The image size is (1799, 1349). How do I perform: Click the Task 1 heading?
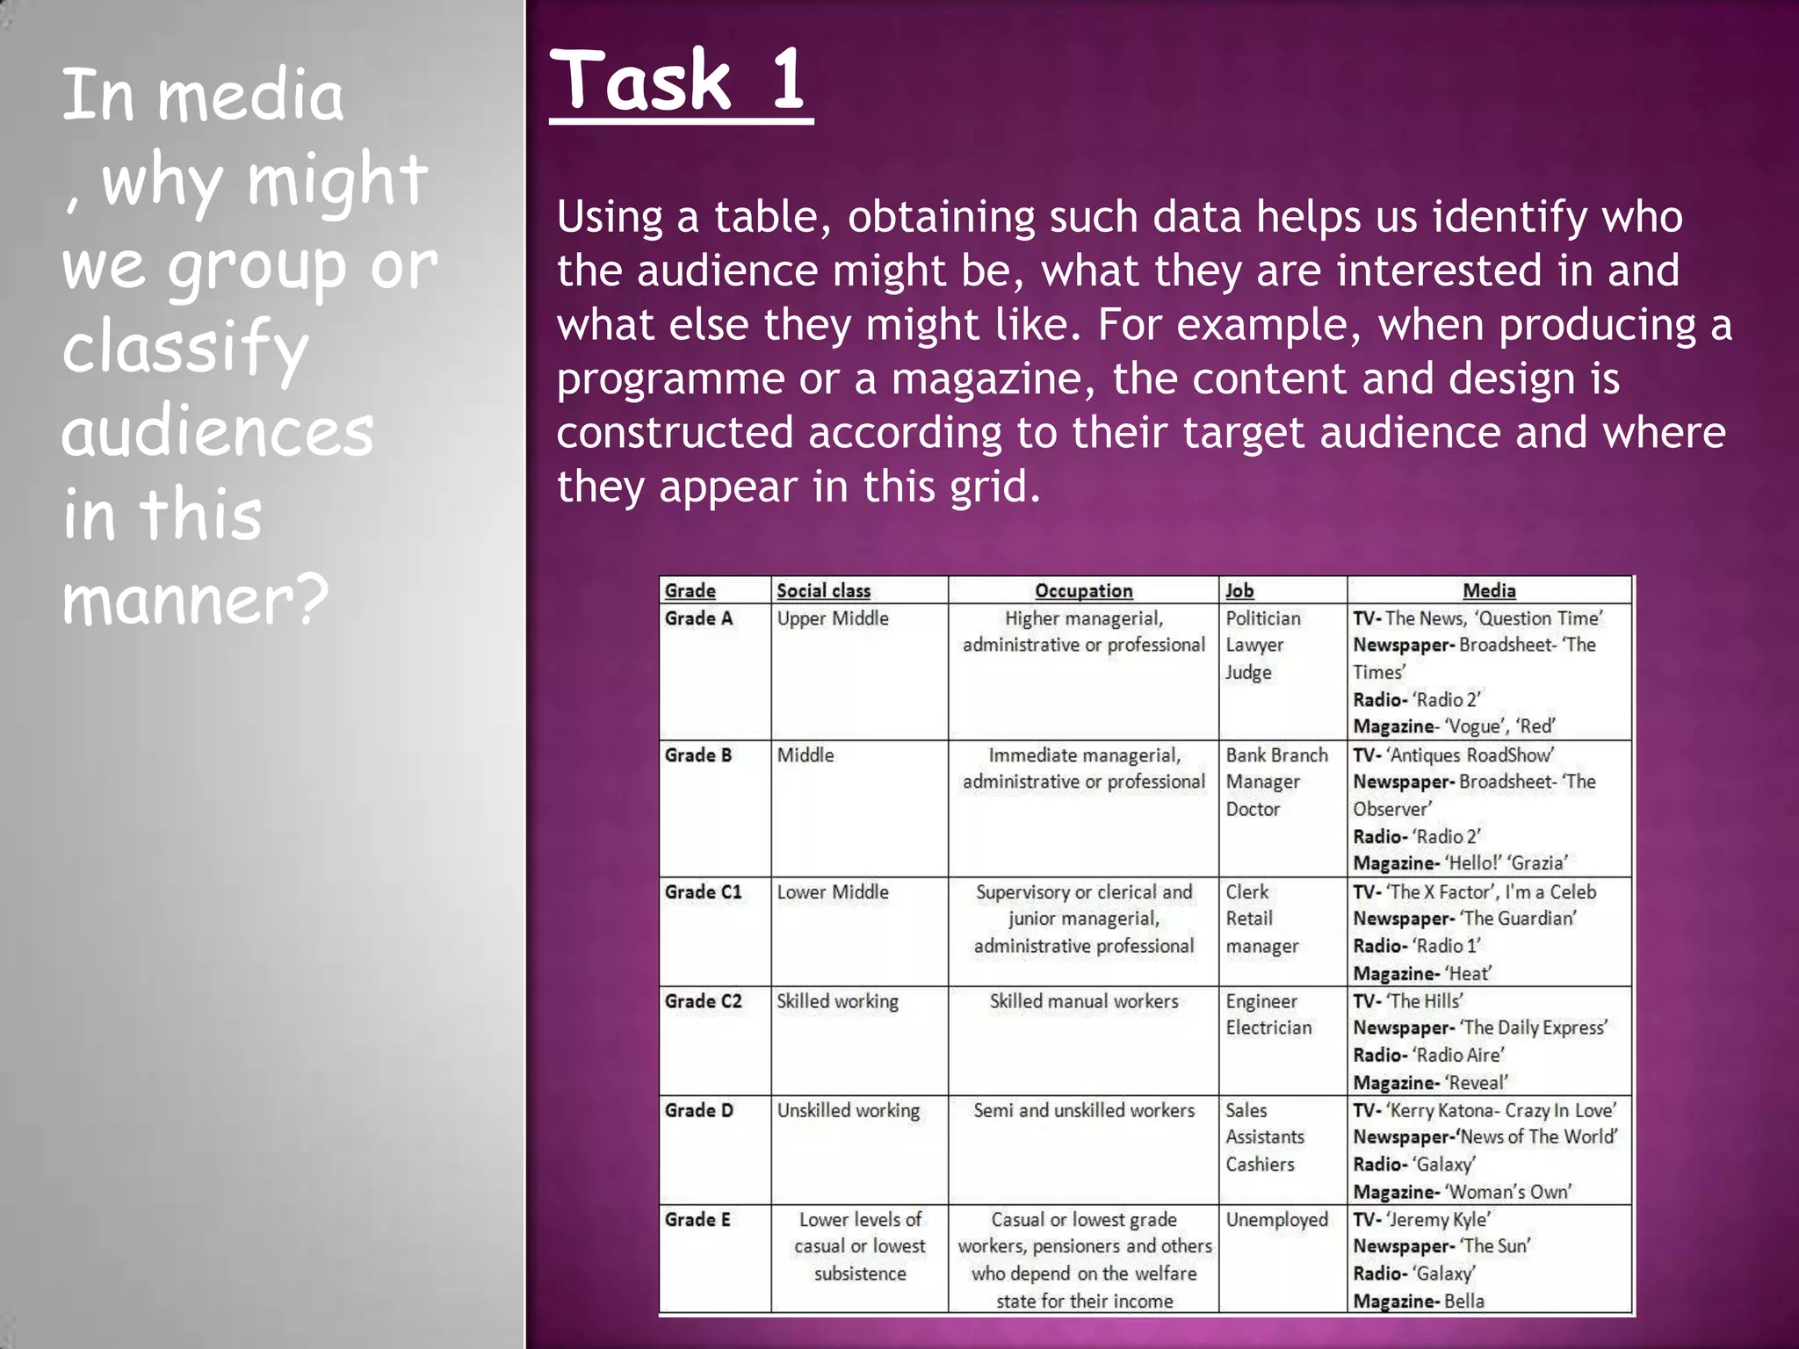click(x=680, y=81)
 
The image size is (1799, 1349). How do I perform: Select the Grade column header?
click(x=690, y=591)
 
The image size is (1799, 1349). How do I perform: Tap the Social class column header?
click(x=823, y=591)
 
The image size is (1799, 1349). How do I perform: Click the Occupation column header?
click(x=1083, y=591)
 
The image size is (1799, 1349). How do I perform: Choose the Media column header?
click(x=1489, y=591)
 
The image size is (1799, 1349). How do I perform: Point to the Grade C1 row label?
click(x=703, y=892)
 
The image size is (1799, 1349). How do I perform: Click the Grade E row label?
click(x=697, y=1220)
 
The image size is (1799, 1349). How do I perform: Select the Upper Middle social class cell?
click(x=833, y=618)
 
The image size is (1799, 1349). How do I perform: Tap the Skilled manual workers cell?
click(x=1083, y=1001)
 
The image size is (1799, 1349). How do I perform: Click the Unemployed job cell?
click(x=1276, y=1220)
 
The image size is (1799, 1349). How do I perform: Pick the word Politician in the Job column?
click(x=1262, y=618)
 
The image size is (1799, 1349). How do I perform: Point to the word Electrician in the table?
click(x=1268, y=1028)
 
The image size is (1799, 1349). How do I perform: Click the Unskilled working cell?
click(x=848, y=1111)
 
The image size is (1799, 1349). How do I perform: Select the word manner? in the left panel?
click(x=196, y=599)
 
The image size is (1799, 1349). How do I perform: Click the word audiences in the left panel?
click(x=218, y=432)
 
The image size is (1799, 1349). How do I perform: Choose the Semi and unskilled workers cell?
click(x=1083, y=1111)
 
